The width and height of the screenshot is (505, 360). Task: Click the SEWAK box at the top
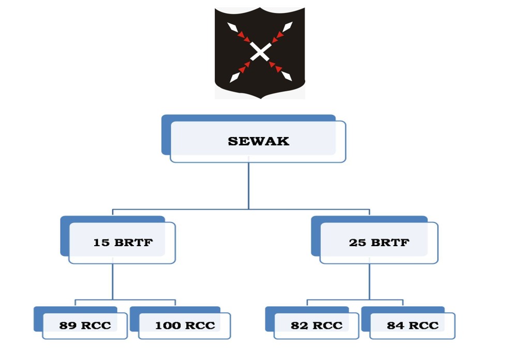[x=258, y=141]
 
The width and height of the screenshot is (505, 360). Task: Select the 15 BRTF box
[x=123, y=242]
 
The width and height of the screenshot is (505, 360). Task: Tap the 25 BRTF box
[x=379, y=242]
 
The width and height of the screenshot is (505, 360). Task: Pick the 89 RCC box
[x=85, y=325]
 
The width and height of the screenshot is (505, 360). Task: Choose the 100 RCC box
[x=185, y=325]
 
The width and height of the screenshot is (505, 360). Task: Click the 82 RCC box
[x=316, y=325]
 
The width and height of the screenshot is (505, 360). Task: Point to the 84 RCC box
[x=412, y=325]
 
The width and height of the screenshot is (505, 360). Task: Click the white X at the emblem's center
[x=260, y=52]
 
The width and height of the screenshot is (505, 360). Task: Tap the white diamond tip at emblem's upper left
[x=232, y=27]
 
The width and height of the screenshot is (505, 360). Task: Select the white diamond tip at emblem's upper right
[x=287, y=26]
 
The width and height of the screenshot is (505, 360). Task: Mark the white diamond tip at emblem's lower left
[x=234, y=77]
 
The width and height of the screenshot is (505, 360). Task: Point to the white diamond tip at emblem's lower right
[x=287, y=77]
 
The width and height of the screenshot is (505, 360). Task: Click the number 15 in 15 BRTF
[x=101, y=242]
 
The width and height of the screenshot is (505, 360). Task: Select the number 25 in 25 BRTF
[x=358, y=242]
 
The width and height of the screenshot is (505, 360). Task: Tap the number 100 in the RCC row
[x=168, y=325]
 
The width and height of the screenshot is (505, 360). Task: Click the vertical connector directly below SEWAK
[x=248, y=186]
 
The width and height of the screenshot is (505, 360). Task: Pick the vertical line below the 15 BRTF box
[x=113, y=281]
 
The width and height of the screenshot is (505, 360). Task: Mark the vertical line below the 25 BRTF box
[x=369, y=281]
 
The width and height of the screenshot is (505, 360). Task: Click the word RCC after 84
[x=424, y=325]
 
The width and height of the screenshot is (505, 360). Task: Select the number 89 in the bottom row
[x=68, y=325]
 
